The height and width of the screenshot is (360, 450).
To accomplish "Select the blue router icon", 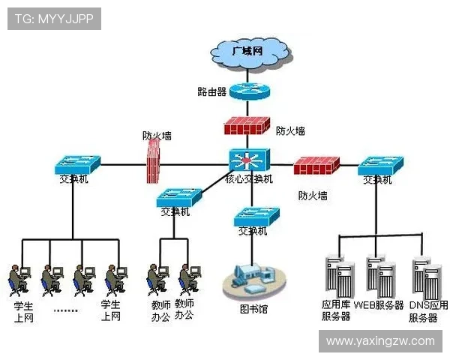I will (247, 91).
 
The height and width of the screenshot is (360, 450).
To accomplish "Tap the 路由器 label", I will (211, 92).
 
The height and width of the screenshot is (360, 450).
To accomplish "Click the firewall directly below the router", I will (247, 125).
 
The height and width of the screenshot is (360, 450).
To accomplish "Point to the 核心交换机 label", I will (249, 180).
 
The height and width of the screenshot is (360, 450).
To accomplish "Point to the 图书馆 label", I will (253, 309).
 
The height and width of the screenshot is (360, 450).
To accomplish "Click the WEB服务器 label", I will (379, 305).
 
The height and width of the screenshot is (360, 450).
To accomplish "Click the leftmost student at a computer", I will (19, 279).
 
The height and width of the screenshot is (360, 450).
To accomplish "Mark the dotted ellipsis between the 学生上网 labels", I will (66, 310).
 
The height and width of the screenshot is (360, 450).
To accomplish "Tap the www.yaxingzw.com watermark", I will (380, 341).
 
